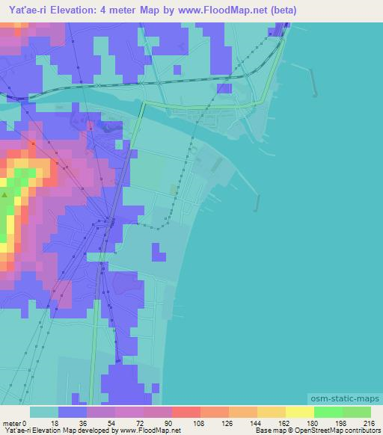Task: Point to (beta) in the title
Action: point(281,10)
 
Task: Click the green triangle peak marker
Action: point(4,196)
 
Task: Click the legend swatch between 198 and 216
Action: point(356,412)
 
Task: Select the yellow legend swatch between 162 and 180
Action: point(300,412)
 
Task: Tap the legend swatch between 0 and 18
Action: point(44,412)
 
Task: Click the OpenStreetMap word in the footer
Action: point(309,430)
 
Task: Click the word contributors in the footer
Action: point(359,430)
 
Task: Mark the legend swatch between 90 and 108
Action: point(186,412)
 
